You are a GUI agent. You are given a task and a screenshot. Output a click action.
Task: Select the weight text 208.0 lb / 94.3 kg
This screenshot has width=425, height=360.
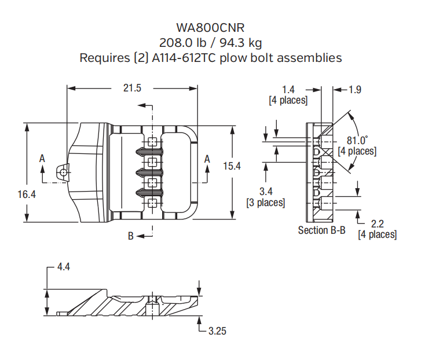(x=211, y=43)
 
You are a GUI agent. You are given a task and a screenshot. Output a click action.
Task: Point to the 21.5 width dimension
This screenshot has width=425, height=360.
(x=132, y=88)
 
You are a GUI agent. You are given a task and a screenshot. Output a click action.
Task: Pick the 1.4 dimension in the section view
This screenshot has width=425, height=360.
(x=288, y=89)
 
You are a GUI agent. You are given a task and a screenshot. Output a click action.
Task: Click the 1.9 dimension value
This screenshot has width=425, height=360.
(x=355, y=89)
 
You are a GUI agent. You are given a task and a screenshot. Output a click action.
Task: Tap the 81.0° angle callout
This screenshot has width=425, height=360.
(x=357, y=141)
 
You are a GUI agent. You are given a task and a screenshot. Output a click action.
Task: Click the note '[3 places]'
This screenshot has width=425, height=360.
(x=265, y=203)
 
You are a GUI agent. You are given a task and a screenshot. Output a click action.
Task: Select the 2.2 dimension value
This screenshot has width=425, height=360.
(x=377, y=223)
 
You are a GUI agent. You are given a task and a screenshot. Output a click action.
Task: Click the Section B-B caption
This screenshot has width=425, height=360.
(x=322, y=230)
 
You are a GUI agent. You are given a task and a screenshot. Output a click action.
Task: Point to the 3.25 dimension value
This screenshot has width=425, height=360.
(x=218, y=331)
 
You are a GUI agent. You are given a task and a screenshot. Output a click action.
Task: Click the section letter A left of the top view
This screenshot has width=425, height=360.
(x=42, y=157)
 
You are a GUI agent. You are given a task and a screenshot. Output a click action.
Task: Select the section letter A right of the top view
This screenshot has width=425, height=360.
(x=207, y=158)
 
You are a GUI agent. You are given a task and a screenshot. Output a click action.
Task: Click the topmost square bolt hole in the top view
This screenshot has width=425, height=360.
(x=152, y=142)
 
